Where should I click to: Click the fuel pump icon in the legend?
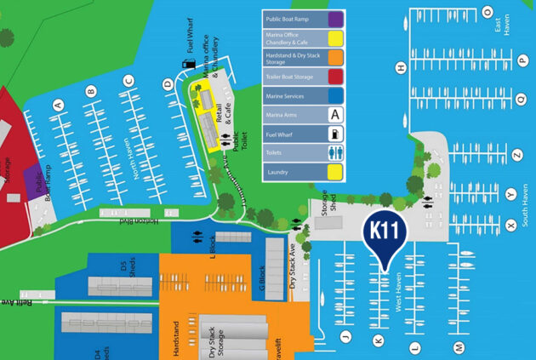pyautogui.click(x=335, y=134)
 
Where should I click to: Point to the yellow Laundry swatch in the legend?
pyautogui.click(x=335, y=173)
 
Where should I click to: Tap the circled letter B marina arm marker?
pyautogui.click(x=90, y=90)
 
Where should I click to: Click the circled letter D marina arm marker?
pyautogui.click(x=168, y=83)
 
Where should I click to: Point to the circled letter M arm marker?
pyautogui.click(x=459, y=346)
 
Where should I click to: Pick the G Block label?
pyautogui.click(x=262, y=277)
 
